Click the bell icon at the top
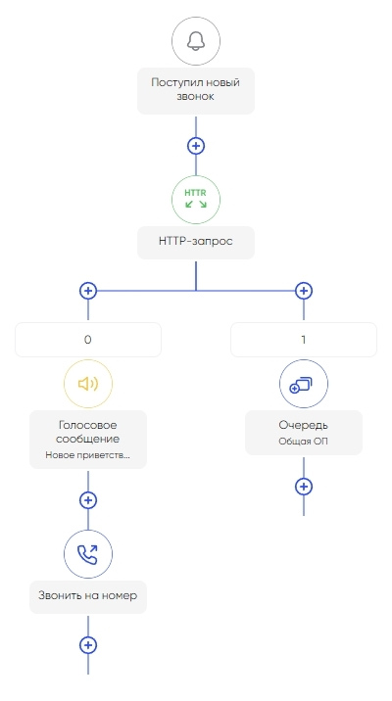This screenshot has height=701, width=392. tap(196, 41)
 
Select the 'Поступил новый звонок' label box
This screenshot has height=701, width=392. tap(196, 91)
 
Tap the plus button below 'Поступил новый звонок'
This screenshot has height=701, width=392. tap(196, 146)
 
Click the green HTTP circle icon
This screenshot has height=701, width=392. tap(196, 200)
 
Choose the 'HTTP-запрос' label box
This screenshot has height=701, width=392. tap(196, 242)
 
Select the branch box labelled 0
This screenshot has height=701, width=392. tap(87, 340)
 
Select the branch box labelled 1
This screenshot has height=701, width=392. tap(304, 340)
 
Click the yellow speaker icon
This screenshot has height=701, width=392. tap(87, 384)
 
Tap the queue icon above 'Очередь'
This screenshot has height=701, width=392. tap(304, 384)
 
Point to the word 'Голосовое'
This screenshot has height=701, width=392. tap(87, 425)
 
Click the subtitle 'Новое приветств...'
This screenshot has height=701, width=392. tap(87, 455)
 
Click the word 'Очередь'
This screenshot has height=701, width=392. tap(304, 425)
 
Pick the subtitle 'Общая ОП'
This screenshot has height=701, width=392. tap(304, 442)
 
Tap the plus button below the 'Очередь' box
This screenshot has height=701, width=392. tap(304, 487)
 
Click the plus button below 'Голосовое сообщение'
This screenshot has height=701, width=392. tap(87, 500)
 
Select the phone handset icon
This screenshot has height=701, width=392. tap(87, 554)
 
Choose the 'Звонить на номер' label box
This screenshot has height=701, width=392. tap(87, 597)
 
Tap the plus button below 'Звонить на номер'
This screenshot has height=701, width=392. tap(87, 645)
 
